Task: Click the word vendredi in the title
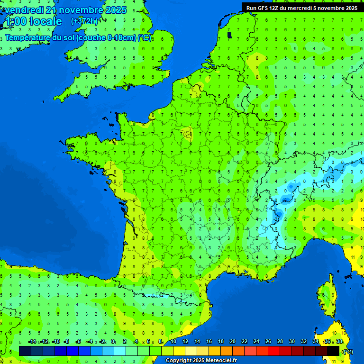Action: (24, 10)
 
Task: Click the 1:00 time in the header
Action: (15, 21)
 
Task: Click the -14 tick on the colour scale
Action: (32, 341)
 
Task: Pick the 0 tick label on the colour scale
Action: (113, 341)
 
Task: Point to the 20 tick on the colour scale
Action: (232, 341)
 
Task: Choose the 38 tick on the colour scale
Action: (339, 341)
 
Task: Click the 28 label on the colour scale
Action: (280, 341)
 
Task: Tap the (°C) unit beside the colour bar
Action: (348, 351)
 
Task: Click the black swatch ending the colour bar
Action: (333, 351)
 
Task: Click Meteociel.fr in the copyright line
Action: (221, 361)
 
